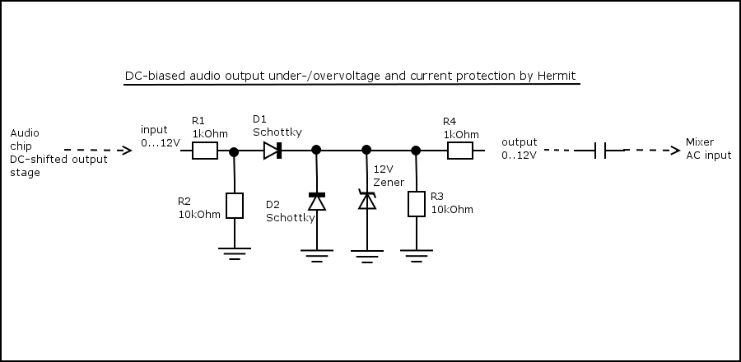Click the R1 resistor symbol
(x=205, y=151)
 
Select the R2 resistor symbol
(x=235, y=206)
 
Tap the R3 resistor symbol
(x=417, y=203)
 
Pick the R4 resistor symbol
(x=459, y=151)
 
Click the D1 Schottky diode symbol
(x=273, y=151)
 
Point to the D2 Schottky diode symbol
(x=317, y=202)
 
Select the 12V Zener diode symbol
(x=367, y=200)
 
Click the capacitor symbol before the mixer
(x=600, y=151)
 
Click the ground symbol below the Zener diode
(x=367, y=257)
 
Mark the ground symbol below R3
(x=417, y=256)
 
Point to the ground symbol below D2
(x=317, y=256)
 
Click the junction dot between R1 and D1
(x=234, y=151)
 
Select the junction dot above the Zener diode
(x=366, y=150)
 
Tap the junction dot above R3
(x=416, y=151)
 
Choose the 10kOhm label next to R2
(x=199, y=215)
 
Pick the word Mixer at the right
(x=699, y=142)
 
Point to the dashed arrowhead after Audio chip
(x=126, y=151)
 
